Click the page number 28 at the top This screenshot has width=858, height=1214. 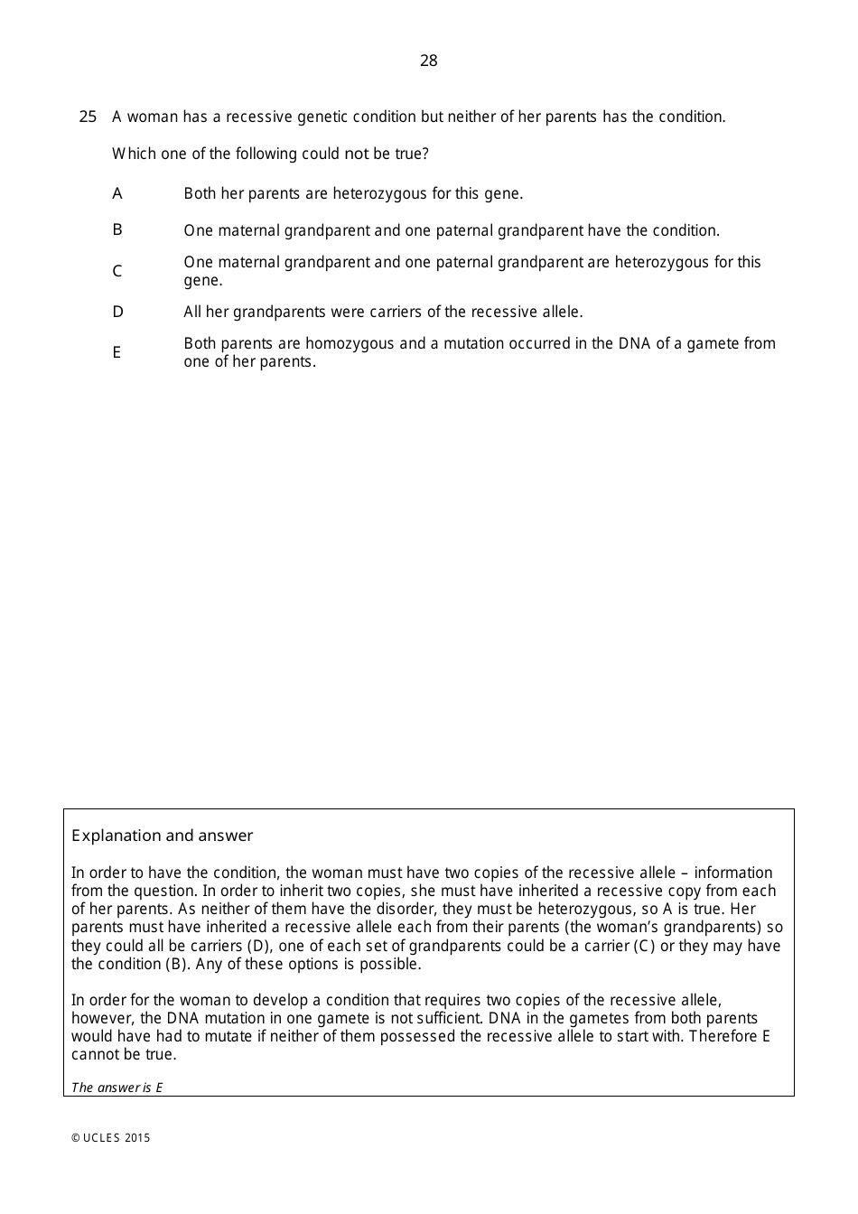click(428, 61)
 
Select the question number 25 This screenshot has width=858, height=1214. click(88, 117)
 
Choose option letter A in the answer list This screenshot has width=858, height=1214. click(117, 193)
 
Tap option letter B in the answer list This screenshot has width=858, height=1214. click(117, 229)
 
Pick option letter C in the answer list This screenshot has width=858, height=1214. click(117, 271)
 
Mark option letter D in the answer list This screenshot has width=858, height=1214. click(117, 312)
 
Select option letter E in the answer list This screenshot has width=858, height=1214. click(117, 352)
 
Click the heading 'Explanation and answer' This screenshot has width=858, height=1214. click(163, 836)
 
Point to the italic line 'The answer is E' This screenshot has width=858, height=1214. click(117, 1088)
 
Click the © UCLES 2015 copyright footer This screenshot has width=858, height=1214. click(111, 1138)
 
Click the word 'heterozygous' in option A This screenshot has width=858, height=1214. click(379, 193)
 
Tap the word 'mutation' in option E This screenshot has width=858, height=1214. click(473, 343)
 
